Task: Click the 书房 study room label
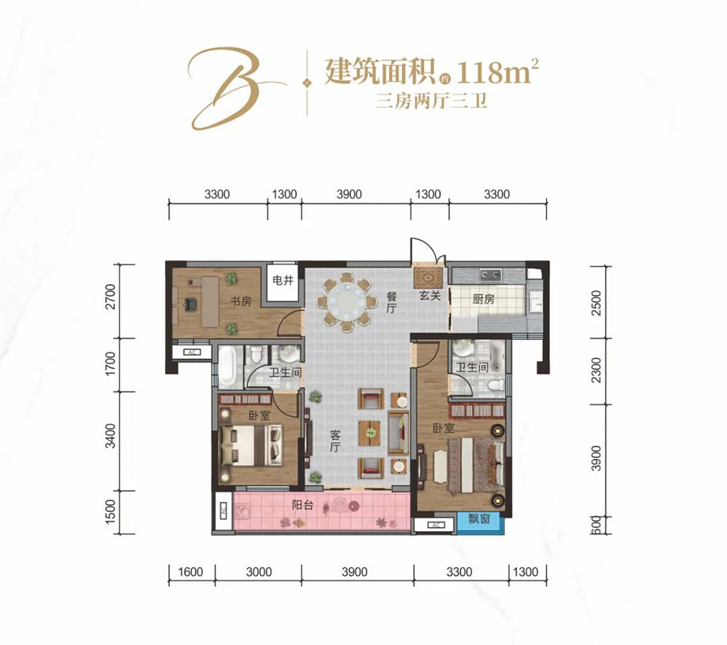click(241, 301)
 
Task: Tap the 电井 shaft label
click(282, 280)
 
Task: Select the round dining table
click(343, 301)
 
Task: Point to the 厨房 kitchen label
click(483, 299)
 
